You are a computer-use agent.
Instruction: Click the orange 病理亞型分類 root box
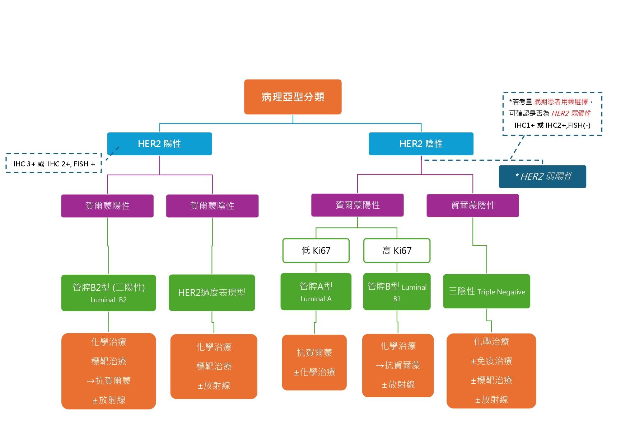click(x=293, y=97)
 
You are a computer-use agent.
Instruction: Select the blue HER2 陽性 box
click(x=159, y=144)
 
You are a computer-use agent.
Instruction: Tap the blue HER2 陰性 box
click(x=421, y=144)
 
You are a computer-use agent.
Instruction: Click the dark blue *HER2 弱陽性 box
click(x=542, y=176)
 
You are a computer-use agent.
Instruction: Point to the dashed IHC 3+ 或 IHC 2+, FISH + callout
click(x=54, y=164)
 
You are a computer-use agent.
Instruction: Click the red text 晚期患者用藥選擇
click(x=561, y=102)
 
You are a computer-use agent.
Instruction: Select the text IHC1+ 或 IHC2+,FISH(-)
click(x=552, y=125)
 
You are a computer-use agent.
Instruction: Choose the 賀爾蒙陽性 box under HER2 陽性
click(x=107, y=206)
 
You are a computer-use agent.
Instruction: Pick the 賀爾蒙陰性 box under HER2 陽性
click(x=212, y=206)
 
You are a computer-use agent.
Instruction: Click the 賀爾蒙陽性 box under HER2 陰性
click(x=357, y=205)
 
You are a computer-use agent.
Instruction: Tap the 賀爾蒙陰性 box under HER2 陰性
click(x=472, y=205)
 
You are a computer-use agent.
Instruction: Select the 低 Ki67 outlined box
click(x=316, y=250)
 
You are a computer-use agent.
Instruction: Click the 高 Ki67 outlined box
click(x=397, y=250)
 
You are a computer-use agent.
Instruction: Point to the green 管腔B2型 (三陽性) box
click(x=108, y=293)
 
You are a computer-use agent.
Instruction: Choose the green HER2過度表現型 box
click(x=212, y=293)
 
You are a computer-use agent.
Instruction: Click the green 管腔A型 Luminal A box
click(x=316, y=292)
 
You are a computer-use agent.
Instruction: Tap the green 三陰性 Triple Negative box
click(x=486, y=291)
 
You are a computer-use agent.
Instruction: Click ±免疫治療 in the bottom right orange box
click(x=491, y=361)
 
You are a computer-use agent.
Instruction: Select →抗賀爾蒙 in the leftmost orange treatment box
click(x=108, y=380)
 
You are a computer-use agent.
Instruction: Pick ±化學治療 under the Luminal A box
click(x=314, y=372)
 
